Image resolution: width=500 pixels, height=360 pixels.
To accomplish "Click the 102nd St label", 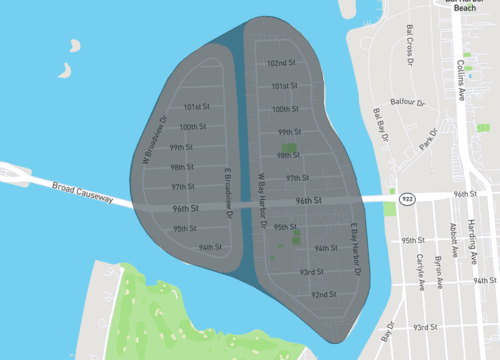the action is pyautogui.click(x=280, y=63).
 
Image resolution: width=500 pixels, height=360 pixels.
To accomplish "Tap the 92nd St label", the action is pyautogui.click(x=322, y=295).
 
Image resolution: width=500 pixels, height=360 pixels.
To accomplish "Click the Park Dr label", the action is pyautogui.click(x=430, y=141).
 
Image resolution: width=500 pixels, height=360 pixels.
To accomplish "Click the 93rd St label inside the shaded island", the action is pyautogui.click(x=311, y=272).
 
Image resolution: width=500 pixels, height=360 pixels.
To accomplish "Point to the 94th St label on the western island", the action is pyautogui.click(x=209, y=246).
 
